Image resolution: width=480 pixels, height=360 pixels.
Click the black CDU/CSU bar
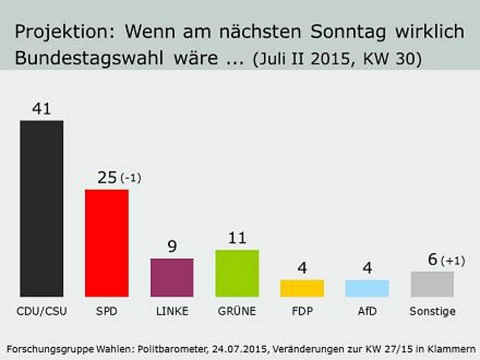[41, 208]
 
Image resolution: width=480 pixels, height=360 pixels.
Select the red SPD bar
[106, 243]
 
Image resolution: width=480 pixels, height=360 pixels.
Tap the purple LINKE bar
[171, 278]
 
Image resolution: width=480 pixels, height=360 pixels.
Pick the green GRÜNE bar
[237, 273]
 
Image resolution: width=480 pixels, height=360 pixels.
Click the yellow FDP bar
[302, 288]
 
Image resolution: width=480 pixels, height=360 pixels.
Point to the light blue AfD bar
[367, 288]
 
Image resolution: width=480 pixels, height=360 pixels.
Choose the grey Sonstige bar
[432, 284]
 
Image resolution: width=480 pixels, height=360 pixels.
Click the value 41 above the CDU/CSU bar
[41, 108]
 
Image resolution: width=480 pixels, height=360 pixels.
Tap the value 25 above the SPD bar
[106, 178]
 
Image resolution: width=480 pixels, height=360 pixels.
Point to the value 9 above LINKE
[171, 246]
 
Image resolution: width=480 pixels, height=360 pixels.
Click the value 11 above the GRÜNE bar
[237, 238]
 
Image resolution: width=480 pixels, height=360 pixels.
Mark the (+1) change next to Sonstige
[453, 261]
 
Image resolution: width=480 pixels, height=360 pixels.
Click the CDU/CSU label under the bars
[41, 312]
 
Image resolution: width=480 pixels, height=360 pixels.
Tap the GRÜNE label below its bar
[237, 312]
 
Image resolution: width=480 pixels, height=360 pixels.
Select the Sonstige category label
[432, 312]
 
